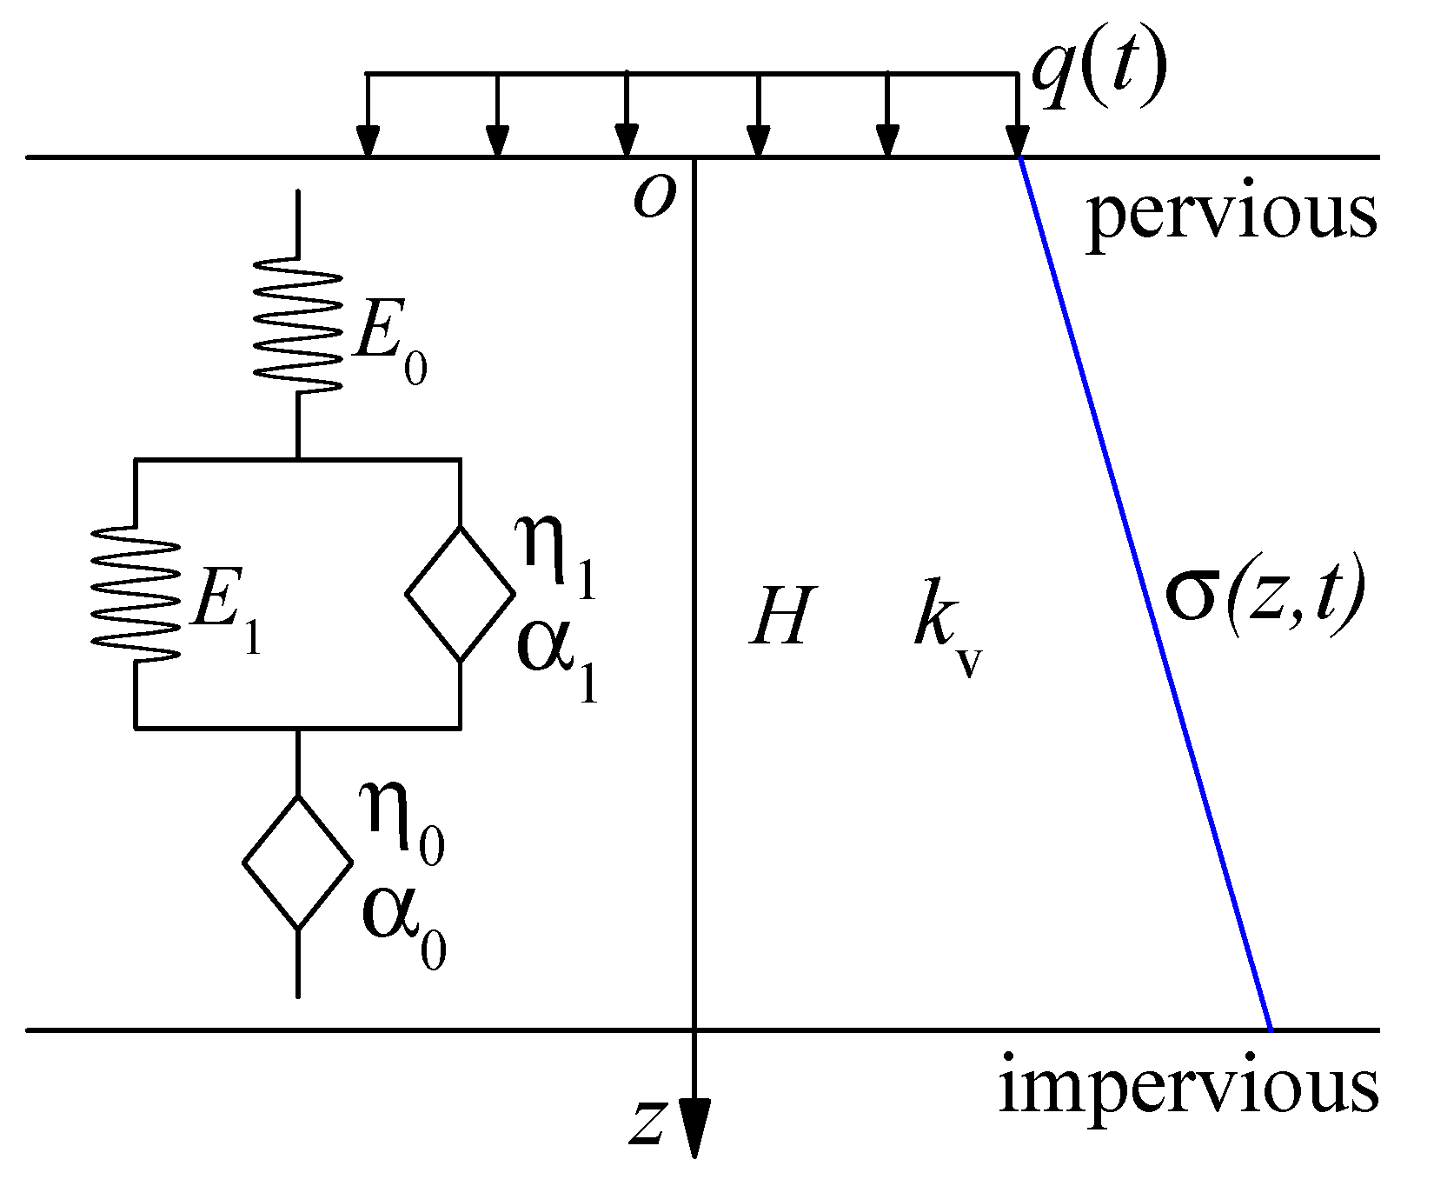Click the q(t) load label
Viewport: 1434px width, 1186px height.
[1097, 75]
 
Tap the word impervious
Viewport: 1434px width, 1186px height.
[1188, 1087]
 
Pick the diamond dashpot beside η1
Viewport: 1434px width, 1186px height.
[460, 594]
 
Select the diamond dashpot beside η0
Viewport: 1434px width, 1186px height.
[297, 863]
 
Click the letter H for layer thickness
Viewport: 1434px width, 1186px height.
[780, 616]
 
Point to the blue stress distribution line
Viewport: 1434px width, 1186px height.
[1144, 591]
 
